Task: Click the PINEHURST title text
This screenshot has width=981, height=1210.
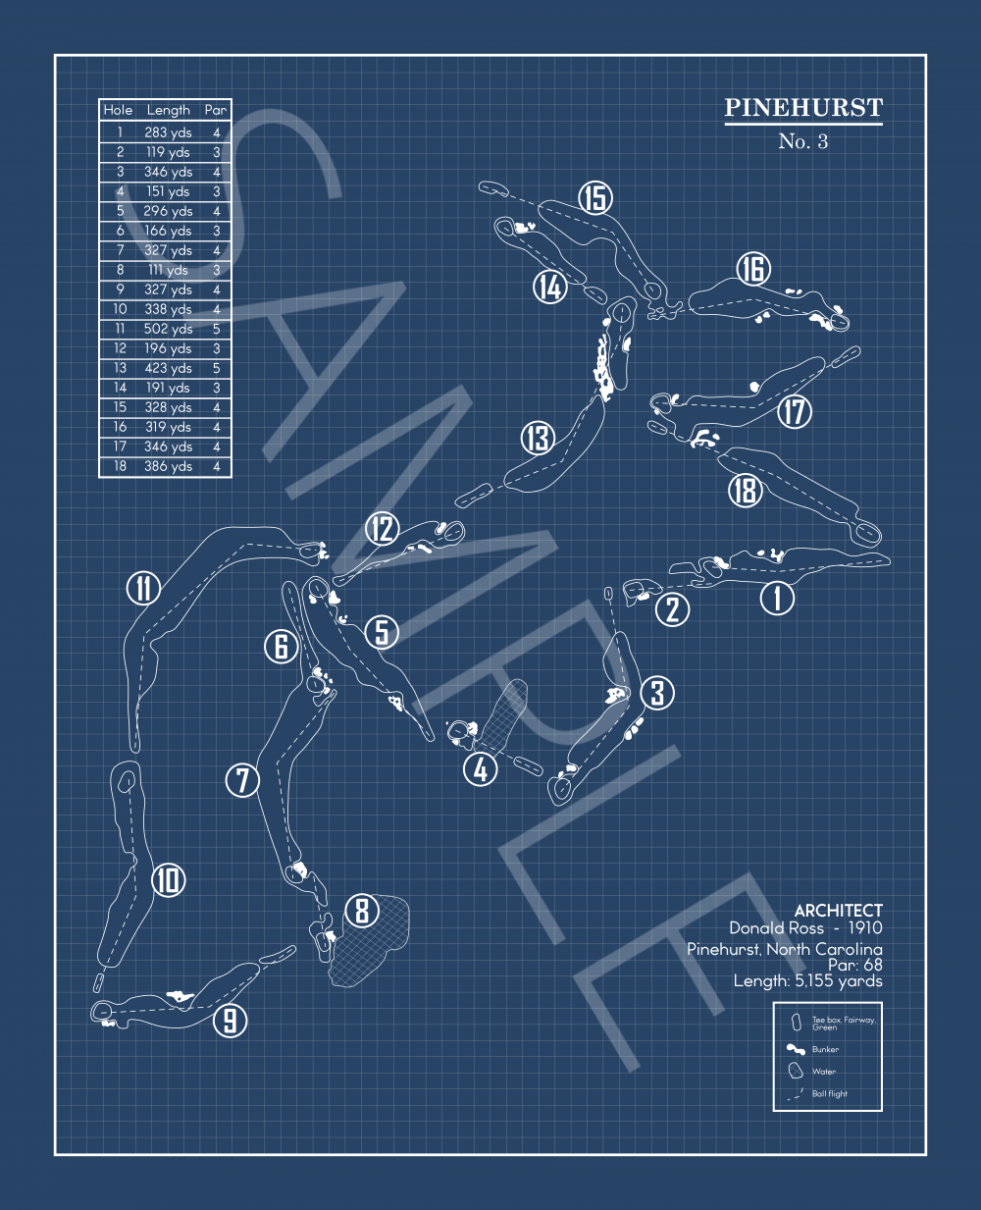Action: (803, 108)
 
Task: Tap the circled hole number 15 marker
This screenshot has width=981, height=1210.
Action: (594, 198)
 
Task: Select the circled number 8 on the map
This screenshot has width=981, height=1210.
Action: (362, 911)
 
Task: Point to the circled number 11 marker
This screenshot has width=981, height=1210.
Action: (144, 589)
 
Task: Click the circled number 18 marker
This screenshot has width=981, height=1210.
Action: (746, 490)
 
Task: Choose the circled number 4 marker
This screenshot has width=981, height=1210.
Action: (481, 769)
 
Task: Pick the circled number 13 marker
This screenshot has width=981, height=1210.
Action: (538, 438)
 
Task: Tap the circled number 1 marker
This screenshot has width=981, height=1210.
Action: (778, 597)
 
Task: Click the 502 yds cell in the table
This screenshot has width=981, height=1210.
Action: (168, 329)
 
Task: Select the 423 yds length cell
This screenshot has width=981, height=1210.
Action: (168, 368)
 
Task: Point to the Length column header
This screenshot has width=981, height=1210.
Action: (168, 110)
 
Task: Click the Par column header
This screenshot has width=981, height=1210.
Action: (216, 110)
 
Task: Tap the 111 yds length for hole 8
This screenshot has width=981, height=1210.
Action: (168, 270)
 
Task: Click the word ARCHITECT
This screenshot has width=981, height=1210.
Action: (838, 911)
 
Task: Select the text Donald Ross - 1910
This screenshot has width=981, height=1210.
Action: (805, 928)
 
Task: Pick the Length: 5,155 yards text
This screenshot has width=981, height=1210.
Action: (807, 980)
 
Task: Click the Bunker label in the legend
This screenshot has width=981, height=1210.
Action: (825, 1049)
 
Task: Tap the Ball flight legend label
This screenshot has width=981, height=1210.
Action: (829, 1093)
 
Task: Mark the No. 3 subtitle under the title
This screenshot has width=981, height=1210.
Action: (803, 141)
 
